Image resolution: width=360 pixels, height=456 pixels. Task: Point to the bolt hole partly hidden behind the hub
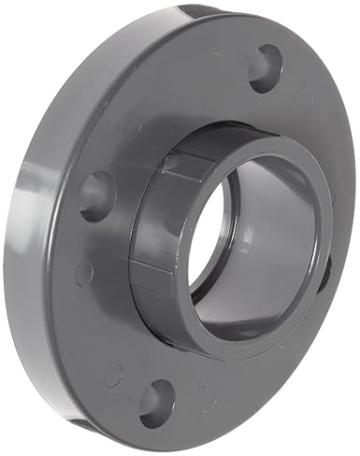(x=324, y=272)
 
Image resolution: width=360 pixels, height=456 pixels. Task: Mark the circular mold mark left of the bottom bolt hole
(x=114, y=374)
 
